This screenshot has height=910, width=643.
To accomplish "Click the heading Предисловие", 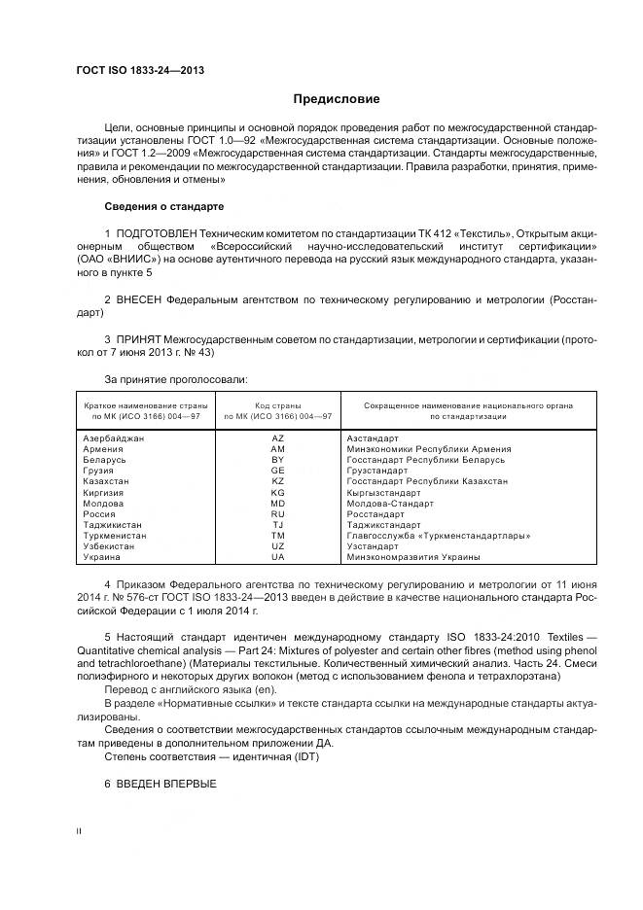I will coord(337,99).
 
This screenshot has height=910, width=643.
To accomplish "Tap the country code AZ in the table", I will coord(277,438).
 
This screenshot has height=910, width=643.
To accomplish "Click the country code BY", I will coord(277,460).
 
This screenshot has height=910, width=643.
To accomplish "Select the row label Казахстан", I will coord(107,481).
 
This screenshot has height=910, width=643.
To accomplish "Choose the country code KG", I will coord(277,493).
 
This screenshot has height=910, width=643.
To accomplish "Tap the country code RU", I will coord(277,514).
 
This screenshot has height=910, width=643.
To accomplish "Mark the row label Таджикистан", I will coord(113,525).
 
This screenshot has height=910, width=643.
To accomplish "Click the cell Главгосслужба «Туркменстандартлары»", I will coord(438,536).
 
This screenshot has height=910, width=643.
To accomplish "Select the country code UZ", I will coord(277,546).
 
